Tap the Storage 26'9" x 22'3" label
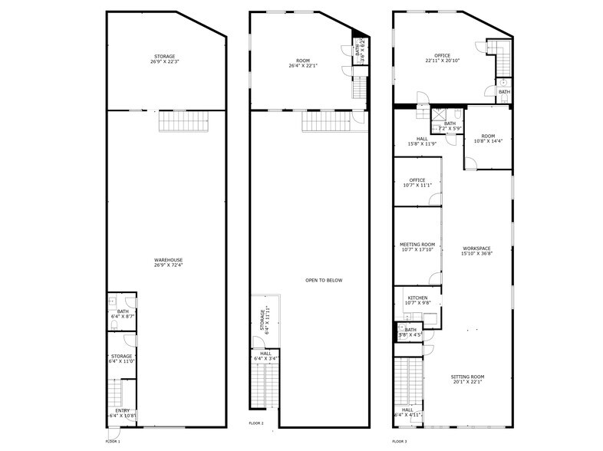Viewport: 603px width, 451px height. [164, 59]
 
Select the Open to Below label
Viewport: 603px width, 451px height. [324, 280]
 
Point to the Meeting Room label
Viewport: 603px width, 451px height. [417, 246]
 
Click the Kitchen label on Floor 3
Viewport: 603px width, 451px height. [417, 299]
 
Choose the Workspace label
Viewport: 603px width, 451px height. [476, 250]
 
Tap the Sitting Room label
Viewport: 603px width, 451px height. [466, 379]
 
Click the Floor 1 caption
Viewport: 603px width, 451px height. [114, 441]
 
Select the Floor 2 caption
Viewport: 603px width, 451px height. [256, 423]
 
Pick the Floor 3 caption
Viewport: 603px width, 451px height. [400, 441]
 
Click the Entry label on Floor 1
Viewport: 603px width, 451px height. [123, 413]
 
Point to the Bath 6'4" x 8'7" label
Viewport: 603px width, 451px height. [123, 313]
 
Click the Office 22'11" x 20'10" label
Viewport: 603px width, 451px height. [442, 58]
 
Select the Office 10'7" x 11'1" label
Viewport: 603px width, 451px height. [417, 183]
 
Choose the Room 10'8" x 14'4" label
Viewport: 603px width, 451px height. [488, 139]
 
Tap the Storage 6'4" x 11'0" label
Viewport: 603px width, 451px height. [122, 358]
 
